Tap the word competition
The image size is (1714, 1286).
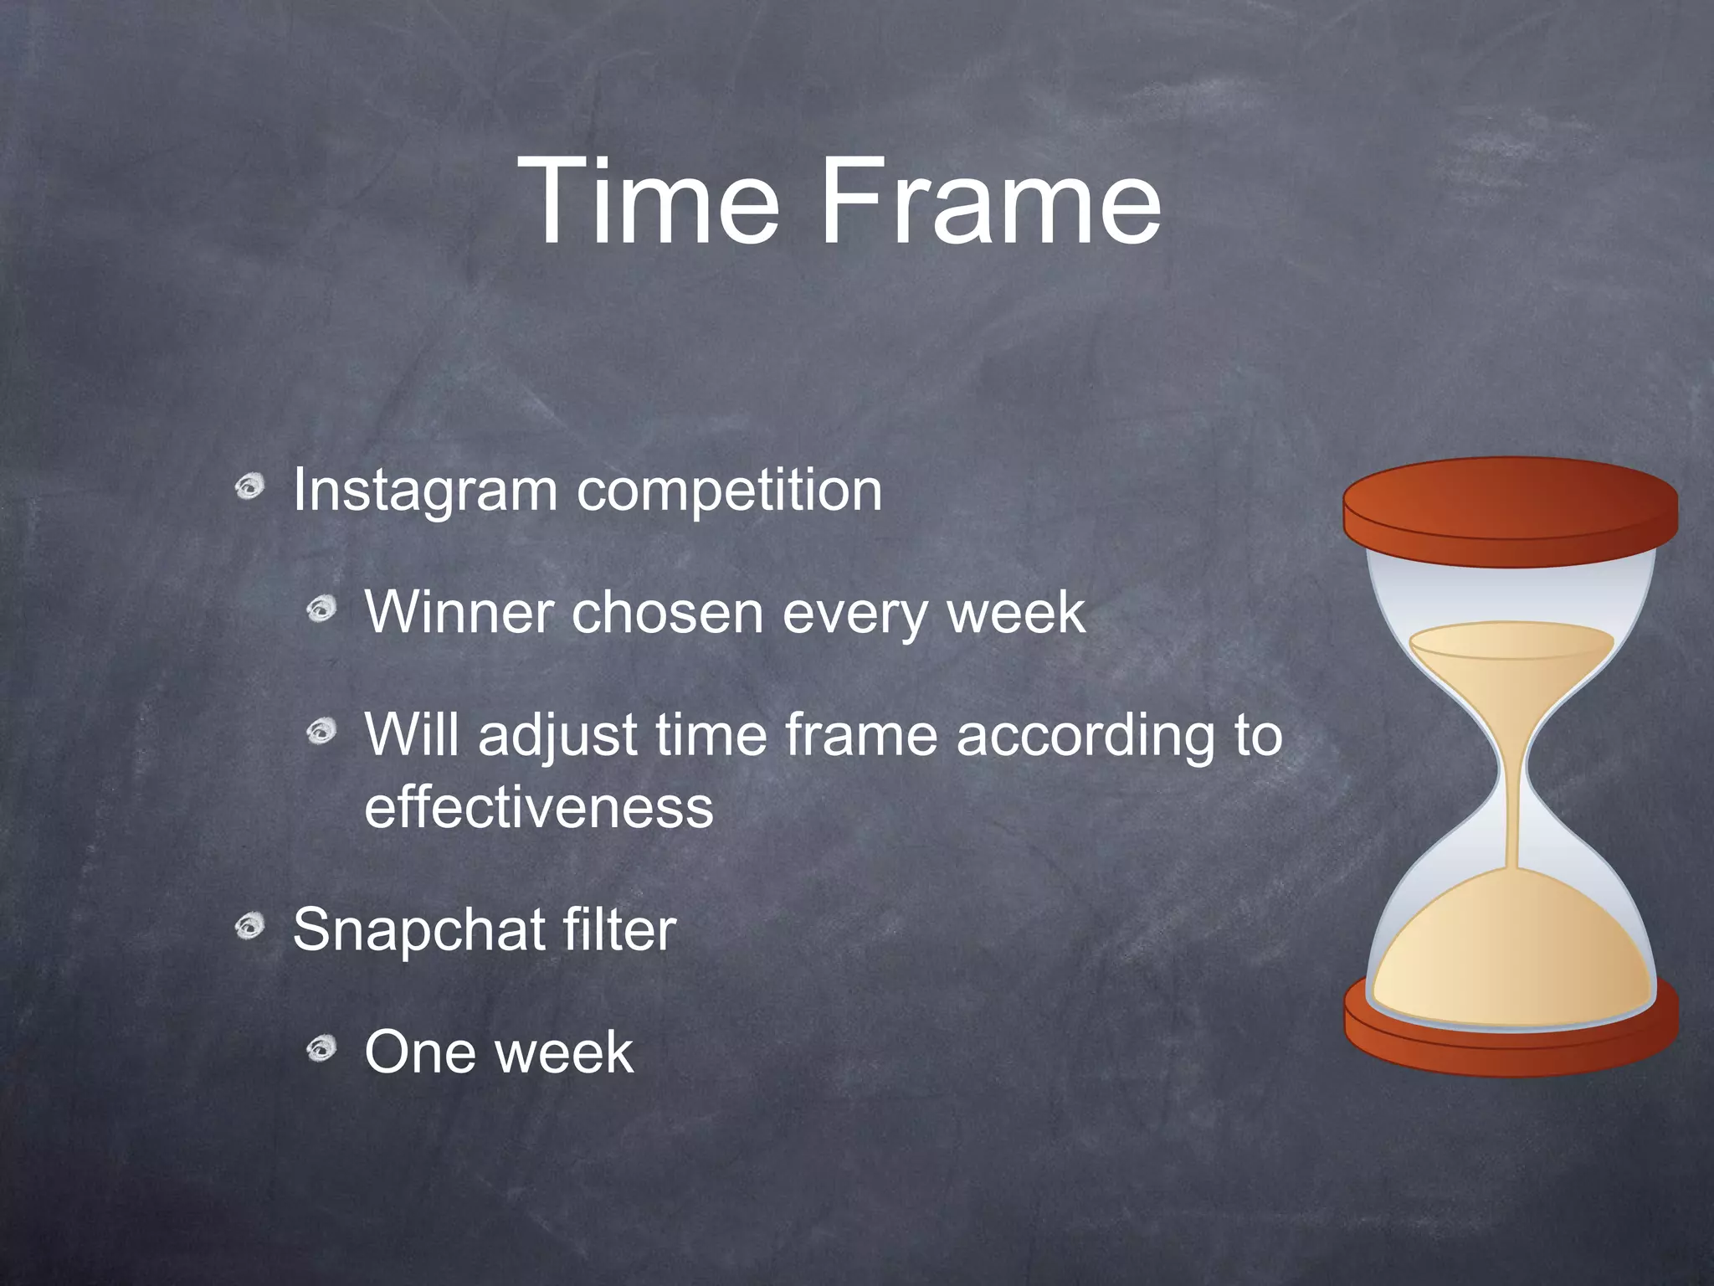point(729,491)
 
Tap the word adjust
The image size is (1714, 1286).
point(557,735)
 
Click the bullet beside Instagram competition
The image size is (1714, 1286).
point(249,486)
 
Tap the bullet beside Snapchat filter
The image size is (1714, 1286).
point(249,926)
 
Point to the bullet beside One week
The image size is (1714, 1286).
point(321,1048)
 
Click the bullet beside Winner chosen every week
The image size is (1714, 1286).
point(321,609)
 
